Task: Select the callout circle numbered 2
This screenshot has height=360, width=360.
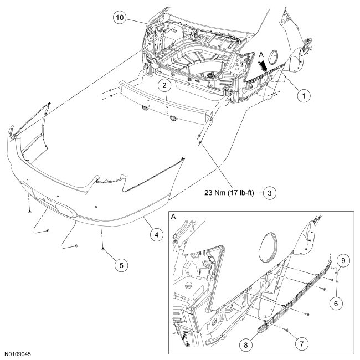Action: click(164, 86)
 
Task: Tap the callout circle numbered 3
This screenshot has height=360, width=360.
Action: click(269, 193)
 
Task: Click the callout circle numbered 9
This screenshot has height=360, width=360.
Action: click(343, 259)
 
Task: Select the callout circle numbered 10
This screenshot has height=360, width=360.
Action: click(119, 18)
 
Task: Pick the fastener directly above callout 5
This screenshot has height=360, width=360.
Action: click(104, 250)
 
